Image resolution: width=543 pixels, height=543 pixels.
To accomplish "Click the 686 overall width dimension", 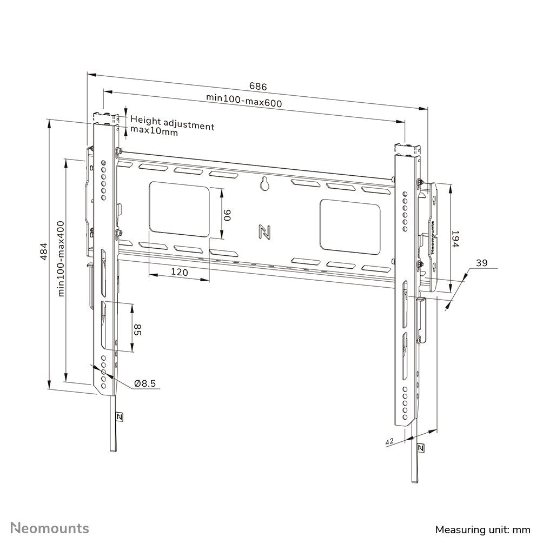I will (258, 87).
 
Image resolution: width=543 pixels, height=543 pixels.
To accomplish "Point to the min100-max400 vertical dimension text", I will (61, 258).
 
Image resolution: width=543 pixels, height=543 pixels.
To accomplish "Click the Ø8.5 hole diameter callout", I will (145, 383).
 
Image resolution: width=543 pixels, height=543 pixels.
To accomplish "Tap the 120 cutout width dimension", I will (180, 273).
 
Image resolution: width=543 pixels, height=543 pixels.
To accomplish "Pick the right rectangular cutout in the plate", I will (350, 226).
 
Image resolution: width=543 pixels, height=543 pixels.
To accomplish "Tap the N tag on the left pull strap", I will (119, 417).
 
